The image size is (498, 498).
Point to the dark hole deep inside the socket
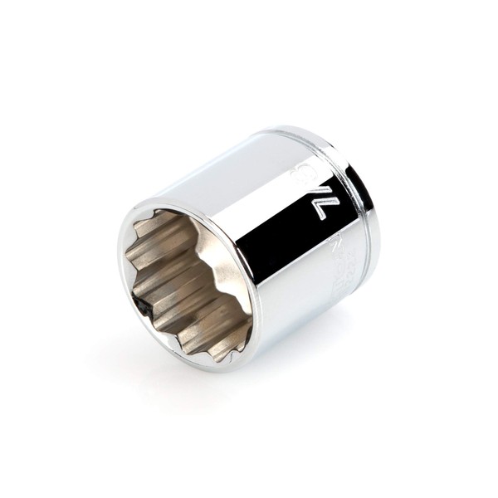(x=148, y=306)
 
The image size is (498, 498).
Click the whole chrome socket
(x=249, y=249)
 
